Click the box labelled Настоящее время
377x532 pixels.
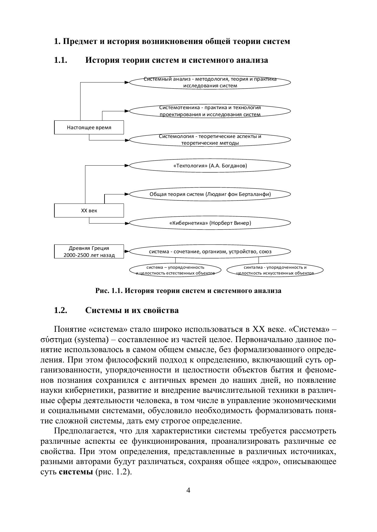click(89, 127)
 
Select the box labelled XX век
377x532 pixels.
click(89, 210)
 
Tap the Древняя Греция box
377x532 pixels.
click(89, 251)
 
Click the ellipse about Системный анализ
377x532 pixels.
click(210, 82)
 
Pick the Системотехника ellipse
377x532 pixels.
click(210, 111)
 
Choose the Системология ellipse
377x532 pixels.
click(210, 140)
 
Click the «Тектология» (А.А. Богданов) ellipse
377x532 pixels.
click(210, 166)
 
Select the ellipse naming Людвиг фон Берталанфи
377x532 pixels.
click(210, 194)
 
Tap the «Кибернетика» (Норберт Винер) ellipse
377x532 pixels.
click(210, 223)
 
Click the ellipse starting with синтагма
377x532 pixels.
click(275, 270)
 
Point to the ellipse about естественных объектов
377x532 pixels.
click(175, 270)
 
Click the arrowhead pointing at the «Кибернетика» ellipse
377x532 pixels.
click(127, 223)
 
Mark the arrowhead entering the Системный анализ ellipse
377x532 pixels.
click(127, 82)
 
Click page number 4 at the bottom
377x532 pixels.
click(188, 490)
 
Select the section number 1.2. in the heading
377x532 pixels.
click(60, 311)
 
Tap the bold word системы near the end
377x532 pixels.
click(76, 472)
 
